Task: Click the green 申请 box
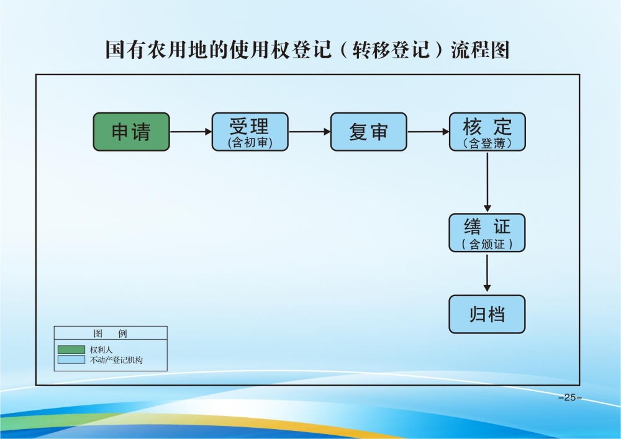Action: [131, 132]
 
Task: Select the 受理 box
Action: [250, 132]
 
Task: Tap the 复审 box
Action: [368, 132]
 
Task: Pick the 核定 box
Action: [487, 132]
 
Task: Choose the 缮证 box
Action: [487, 232]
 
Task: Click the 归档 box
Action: [487, 314]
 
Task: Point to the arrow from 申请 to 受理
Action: [191, 132]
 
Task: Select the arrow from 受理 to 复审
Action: [309, 132]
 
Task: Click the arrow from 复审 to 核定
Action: [428, 132]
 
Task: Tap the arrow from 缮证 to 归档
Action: [487, 273]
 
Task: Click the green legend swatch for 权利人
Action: [71, 350]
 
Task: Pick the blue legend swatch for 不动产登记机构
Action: [71, 360]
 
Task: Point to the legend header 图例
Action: [110, 333]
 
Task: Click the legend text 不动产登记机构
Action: [116, 360]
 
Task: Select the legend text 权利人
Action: [101, 350]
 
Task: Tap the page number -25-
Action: [569, 398]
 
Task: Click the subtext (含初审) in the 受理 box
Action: [250, 143]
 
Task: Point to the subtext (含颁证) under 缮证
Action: [487, 244]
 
